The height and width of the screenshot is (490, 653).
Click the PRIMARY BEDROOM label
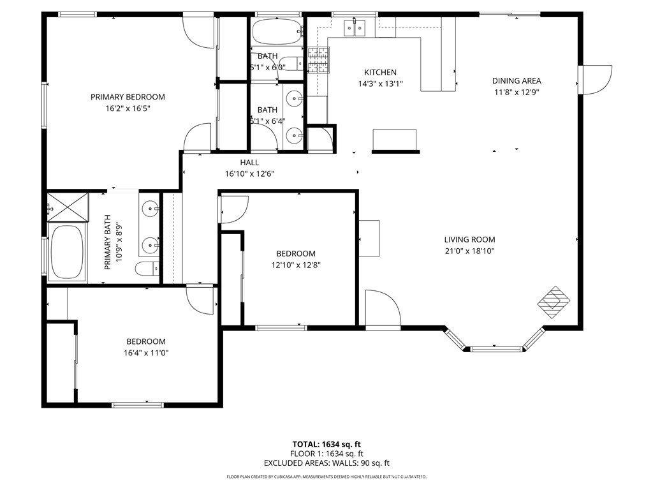[128, 97]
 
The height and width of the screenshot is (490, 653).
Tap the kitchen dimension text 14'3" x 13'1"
[380, 84]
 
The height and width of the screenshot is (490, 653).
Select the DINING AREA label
[517, 80]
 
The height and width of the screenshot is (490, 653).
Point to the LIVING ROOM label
[469, 239]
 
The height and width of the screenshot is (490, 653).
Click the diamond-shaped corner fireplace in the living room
[553, 302]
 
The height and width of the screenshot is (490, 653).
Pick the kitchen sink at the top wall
[355, 27]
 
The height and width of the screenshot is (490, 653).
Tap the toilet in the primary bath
[147, 269]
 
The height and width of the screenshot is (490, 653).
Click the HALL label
[249, 163]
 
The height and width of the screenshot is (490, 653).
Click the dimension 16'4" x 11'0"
[145, 352]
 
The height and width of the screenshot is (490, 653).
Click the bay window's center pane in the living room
[495, 349]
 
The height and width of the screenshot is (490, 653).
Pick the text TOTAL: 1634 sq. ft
[326, 444]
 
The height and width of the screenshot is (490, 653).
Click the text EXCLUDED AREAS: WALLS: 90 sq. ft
[326, 463]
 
